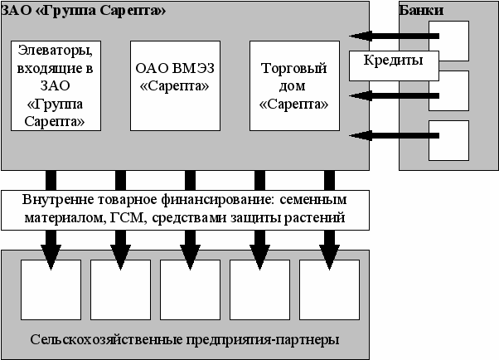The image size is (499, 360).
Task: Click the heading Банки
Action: click(420, 11)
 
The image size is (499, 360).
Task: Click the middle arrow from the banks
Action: click(390, 96)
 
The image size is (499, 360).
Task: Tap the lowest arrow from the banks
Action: click(390, 134)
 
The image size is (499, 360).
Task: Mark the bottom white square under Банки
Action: click(448, 140)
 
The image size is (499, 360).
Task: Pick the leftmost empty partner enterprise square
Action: click(51, 289)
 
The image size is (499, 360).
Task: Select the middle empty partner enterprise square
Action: click(190, 289)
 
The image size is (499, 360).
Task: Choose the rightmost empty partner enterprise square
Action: click(329, 289)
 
